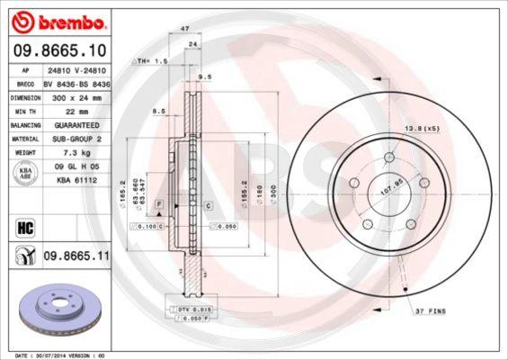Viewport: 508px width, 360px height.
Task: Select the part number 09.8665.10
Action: [59, 50]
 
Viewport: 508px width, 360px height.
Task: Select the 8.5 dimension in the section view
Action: [160, 111]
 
